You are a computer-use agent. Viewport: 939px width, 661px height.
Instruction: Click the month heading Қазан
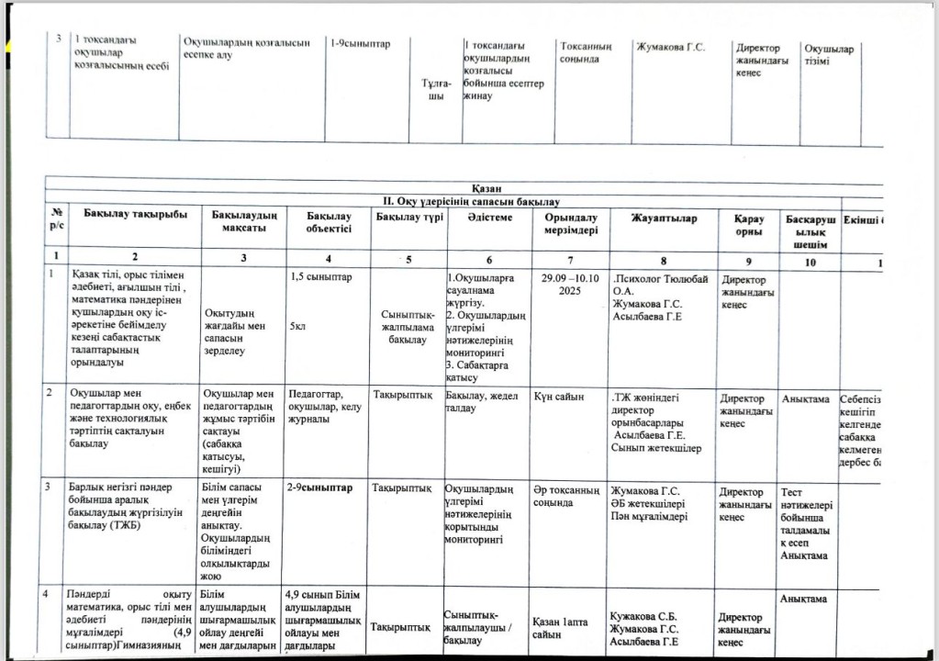(x=486, y=188)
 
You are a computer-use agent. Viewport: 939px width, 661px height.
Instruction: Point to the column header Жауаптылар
(x=664, y=218)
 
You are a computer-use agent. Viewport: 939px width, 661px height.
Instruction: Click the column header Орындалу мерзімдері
(x=571, y=223)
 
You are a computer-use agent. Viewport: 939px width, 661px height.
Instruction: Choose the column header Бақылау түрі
(x=409, y=217)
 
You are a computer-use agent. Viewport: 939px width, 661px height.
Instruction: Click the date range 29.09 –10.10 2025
(x=571, y=282)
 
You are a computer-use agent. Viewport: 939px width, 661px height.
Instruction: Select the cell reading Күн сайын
(x=558, y=397)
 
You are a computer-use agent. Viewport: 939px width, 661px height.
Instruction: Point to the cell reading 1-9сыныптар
(x=360, y=42)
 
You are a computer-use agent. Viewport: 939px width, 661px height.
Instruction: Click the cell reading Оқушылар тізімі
(x=828, y=55)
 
